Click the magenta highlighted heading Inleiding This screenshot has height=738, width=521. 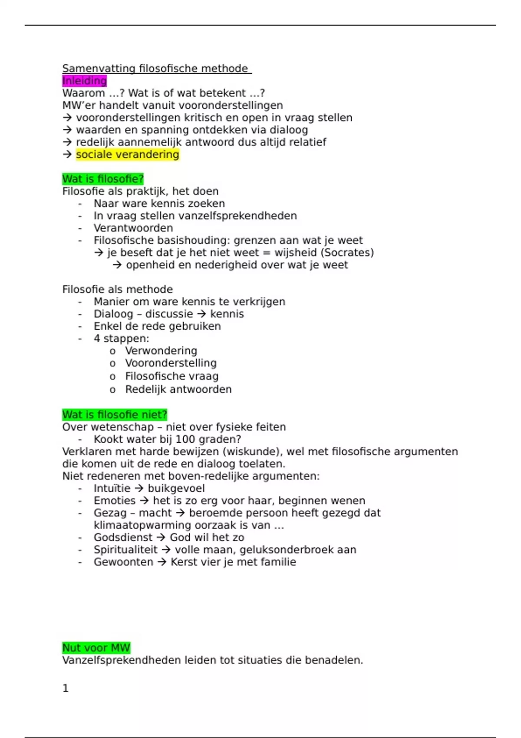pos(84,81)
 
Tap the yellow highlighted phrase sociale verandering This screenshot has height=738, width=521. pos(127,155)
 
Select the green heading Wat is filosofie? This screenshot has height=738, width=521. pos(102,179)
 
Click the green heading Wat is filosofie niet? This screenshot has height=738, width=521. pos(114,415)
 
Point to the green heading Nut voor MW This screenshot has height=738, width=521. pos(96,648)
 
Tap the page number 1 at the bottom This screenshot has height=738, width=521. pos(66,688)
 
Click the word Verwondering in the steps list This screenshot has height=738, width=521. pos(161,351)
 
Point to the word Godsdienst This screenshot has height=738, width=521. pos(123,537)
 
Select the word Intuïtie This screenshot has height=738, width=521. pos(112,488)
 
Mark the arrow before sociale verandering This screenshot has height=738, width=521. pos(67,155)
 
